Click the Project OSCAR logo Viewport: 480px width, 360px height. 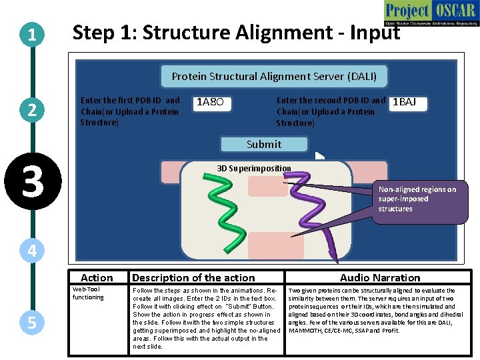(x=431, y=13)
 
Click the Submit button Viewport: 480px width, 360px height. (x=264, y=144)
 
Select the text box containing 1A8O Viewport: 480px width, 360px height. (x=213, y=103)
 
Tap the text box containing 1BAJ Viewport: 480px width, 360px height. (x=406, y=103)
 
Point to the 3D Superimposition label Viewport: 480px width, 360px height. (x=254, y=168)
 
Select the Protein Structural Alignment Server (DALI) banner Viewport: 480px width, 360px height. (x=274, y=77)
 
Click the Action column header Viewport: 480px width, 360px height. (x=97, y=277)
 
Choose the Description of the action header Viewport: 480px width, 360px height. (x=193, y=277)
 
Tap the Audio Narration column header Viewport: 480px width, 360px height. (x=380, y=277)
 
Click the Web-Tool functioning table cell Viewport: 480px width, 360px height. (x=88, y=293)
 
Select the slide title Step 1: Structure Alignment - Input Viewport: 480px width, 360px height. (x=236, y=32)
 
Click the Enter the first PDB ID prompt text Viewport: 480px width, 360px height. (x=130, y=111)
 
